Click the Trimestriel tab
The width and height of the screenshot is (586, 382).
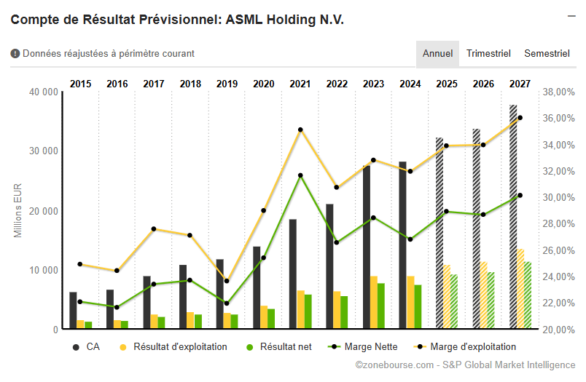(x=488, y=54)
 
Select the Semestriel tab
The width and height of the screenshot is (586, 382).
(x=547, y=54)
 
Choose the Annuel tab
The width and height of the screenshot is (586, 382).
(x=437, y=54)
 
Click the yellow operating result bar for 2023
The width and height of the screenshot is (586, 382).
(x=373, y=303)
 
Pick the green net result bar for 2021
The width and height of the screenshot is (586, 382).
(x=308, y=311)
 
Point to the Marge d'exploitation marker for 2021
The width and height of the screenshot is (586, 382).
(x=300, y=130)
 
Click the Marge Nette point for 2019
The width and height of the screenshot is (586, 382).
(x=227, y=303)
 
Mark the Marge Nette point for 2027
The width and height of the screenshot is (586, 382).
(x=520, y=195)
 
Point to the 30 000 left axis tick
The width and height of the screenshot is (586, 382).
(x=43, y=151)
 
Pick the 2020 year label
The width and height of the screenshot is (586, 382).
(x=263, y=84)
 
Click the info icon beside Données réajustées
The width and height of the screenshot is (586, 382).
(x=15, y=54)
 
